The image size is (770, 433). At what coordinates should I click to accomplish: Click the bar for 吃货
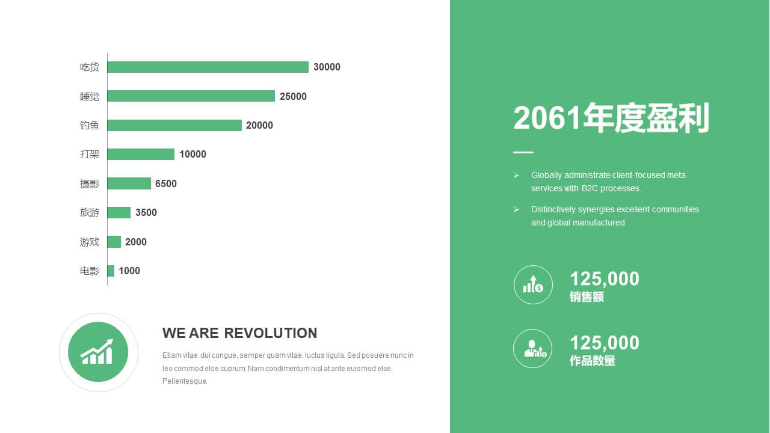point(208,67)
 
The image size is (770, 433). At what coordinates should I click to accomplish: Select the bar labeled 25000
point(191,96)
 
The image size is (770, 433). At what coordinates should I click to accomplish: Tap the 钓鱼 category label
point(90,125)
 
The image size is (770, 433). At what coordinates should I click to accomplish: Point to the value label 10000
point(193,155)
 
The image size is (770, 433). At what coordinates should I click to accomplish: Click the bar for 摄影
point(129,183)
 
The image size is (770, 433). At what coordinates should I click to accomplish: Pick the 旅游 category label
point(90,212)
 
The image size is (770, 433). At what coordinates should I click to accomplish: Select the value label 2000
point(136,242)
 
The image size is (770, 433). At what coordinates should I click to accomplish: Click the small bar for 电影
point(111,271)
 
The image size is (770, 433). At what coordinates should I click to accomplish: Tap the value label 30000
point(327,67)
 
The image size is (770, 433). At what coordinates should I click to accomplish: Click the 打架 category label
point(90,154)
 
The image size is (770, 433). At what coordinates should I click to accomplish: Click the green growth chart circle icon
point(98,352)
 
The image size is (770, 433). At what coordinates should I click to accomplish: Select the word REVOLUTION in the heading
point(271,333)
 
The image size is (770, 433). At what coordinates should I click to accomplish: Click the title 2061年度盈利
point(611,118)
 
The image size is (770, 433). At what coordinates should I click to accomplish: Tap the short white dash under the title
point(523,152)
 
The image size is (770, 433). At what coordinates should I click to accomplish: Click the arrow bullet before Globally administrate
point(516,175)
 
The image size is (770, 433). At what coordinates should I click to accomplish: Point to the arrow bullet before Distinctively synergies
point(516,210)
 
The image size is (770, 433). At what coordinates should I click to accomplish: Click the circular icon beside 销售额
point(533,285)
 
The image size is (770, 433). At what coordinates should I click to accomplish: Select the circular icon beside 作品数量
point(533,348)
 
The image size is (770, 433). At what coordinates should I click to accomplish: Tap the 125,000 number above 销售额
point(605,278)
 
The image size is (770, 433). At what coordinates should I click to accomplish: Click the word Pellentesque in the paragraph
point(185,381)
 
